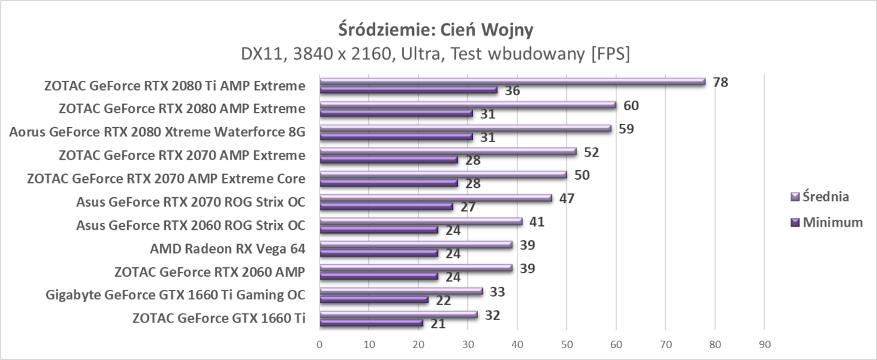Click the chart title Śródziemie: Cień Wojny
[435, 29]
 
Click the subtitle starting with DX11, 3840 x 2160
[435, 54]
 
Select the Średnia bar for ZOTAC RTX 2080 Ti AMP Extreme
[512, 81]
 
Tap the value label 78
[721, 82]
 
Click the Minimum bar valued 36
[408, 90]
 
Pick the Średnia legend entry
[821, 197]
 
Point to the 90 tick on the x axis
[764, 344]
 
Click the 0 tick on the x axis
[319, 344]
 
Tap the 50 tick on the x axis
[566, 344]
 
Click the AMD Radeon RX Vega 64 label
[227, 249]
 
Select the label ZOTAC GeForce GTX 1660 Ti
[219, 318]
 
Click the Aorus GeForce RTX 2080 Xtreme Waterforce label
[157, 132]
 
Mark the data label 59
[627, 129]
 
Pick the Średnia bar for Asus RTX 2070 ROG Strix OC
[435, 198]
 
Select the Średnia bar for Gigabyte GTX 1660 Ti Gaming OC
[401, 291]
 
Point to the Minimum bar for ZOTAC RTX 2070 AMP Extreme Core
[388, 183]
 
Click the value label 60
[631, 105]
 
